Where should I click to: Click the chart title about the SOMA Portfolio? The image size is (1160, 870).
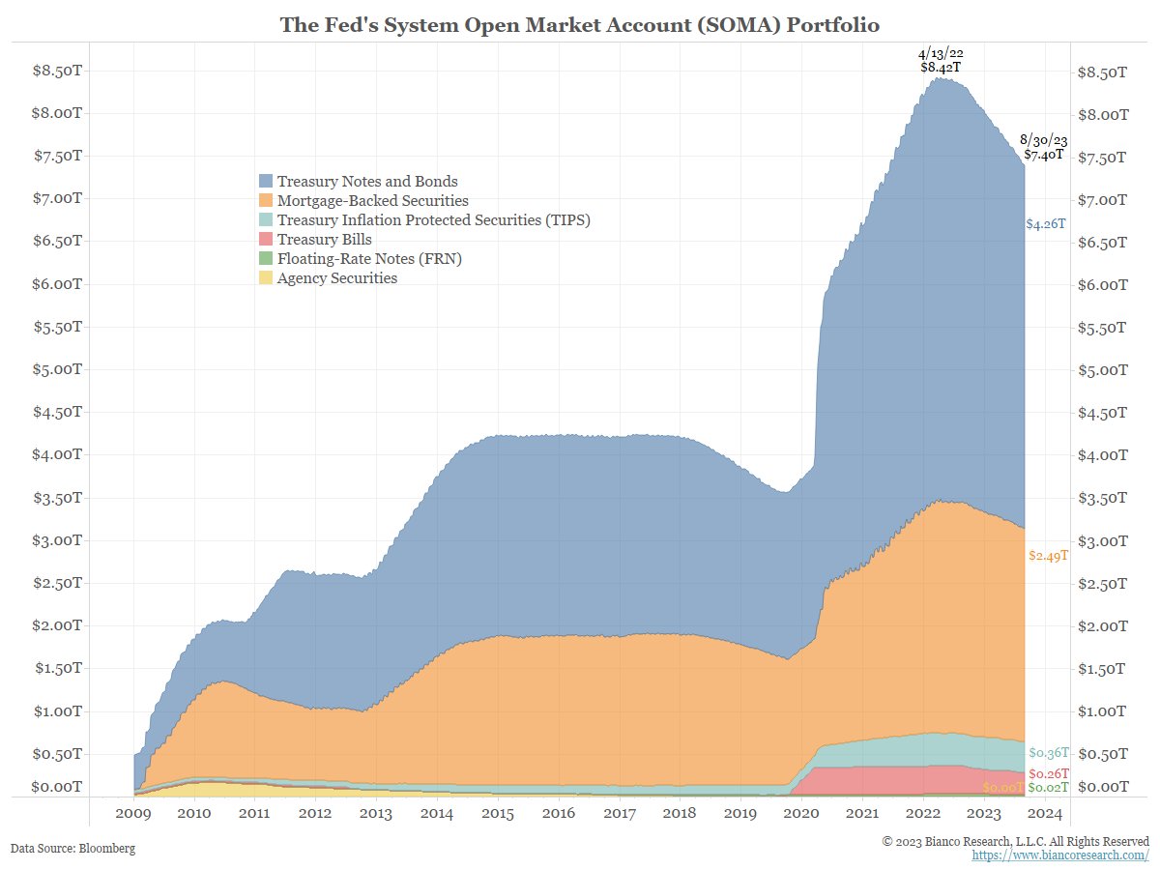point(580,25)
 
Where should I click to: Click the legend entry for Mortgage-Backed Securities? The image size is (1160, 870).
point(372,201)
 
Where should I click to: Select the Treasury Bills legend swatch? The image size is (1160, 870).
point(266,240)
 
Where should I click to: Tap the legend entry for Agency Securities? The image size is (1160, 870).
point(336,278)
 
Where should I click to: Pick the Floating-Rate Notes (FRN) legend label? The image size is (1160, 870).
point(362,259)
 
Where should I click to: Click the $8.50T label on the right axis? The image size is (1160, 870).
point(1101,72)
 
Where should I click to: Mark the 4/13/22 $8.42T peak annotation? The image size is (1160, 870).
point(941,61)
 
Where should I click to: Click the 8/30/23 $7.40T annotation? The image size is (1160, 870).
point(1044,147)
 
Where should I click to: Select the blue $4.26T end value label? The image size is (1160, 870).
point(1046,224)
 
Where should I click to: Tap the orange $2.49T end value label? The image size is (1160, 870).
point(1048,556)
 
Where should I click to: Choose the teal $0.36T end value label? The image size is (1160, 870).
point(1048,753)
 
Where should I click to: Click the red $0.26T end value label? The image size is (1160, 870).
point(1048,774)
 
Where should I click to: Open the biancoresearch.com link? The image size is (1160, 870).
point(1060,856)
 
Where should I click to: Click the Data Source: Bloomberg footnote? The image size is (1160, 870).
point(72,849)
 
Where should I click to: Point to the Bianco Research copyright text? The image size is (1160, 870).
point(1015,842)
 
